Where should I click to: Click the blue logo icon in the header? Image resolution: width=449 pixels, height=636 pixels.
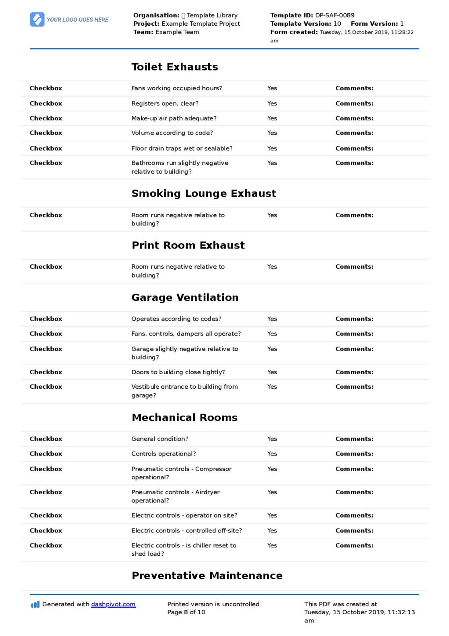coord(37,19)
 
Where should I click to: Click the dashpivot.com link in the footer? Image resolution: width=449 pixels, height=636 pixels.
coord(113,604)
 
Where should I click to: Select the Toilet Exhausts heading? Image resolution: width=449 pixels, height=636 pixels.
coord(174,67)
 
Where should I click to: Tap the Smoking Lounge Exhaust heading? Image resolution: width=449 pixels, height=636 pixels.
coord(204,193)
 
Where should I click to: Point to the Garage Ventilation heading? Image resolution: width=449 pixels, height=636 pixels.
coord(185,297)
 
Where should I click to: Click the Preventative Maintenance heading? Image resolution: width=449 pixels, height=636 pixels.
coord(207,576)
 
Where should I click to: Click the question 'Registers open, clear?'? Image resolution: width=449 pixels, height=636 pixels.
coord(165,104)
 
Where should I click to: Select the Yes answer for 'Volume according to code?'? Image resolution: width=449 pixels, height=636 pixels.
coord(272,133)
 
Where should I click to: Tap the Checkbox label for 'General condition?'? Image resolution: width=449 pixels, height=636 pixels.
coord(46,439)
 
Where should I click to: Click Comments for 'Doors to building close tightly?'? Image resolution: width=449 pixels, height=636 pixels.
coord(354,372)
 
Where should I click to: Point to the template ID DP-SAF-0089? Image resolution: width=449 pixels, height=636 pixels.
coord(335,15)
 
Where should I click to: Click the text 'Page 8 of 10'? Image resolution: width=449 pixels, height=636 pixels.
coord(186,612)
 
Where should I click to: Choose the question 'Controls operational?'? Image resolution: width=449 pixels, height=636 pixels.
coord(163,454)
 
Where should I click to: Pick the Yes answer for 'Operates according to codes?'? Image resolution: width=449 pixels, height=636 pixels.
coord(272,319)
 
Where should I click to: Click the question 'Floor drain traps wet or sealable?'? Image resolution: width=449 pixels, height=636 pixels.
coord(182,148)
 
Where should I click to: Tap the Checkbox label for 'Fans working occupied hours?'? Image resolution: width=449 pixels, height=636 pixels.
coord(46,88)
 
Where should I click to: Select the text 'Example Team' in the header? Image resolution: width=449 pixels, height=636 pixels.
coord(177,32)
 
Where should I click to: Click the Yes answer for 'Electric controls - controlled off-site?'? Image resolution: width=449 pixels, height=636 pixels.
coord(272,531)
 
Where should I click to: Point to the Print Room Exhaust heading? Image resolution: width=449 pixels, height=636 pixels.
coord(188,245)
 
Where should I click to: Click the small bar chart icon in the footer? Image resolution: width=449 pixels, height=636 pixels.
coord(35,605)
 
